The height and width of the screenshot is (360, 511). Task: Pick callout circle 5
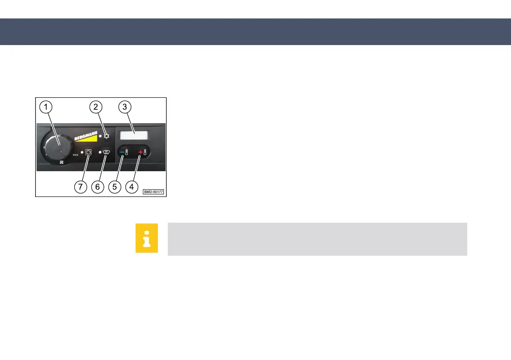click(114, 187)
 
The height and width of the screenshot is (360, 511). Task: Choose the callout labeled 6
click(97, 187)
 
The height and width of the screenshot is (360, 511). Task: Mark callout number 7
click(81, 187)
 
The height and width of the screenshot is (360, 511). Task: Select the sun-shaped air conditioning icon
click(106, 136)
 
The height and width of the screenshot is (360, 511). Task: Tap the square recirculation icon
click(88, 152)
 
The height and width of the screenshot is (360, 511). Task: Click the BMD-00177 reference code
click(154, 192)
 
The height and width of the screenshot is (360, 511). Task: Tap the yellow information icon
click(147, 238)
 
